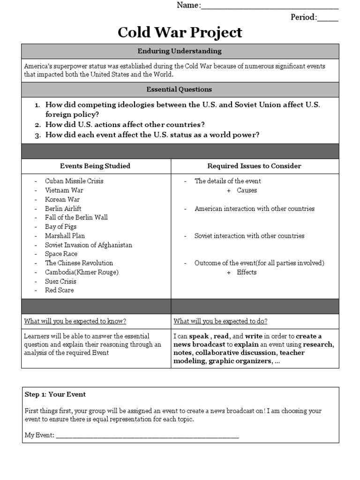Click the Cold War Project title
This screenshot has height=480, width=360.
point(180,32)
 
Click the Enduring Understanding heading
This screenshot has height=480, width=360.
point(180,51)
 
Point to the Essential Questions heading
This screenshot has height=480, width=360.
point(180,89)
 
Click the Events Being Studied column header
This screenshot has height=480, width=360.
point(95,166)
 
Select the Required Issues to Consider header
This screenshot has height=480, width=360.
point(254,166)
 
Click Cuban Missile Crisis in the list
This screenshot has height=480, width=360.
point(74,181)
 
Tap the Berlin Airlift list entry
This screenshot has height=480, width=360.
point(63,208)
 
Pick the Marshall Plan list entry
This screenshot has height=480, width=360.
point(65,236)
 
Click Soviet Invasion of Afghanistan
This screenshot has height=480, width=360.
point(88,245)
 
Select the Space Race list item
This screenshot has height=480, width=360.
point(61,254)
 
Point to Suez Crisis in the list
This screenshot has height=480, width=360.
point(60,281)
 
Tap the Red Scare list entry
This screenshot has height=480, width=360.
point(59,290)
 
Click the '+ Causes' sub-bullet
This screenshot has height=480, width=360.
point(242,190)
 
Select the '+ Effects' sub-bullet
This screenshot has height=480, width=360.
point(242,272)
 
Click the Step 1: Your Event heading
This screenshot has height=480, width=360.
point(55,394)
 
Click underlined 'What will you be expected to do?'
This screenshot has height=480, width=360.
point(221,321)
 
